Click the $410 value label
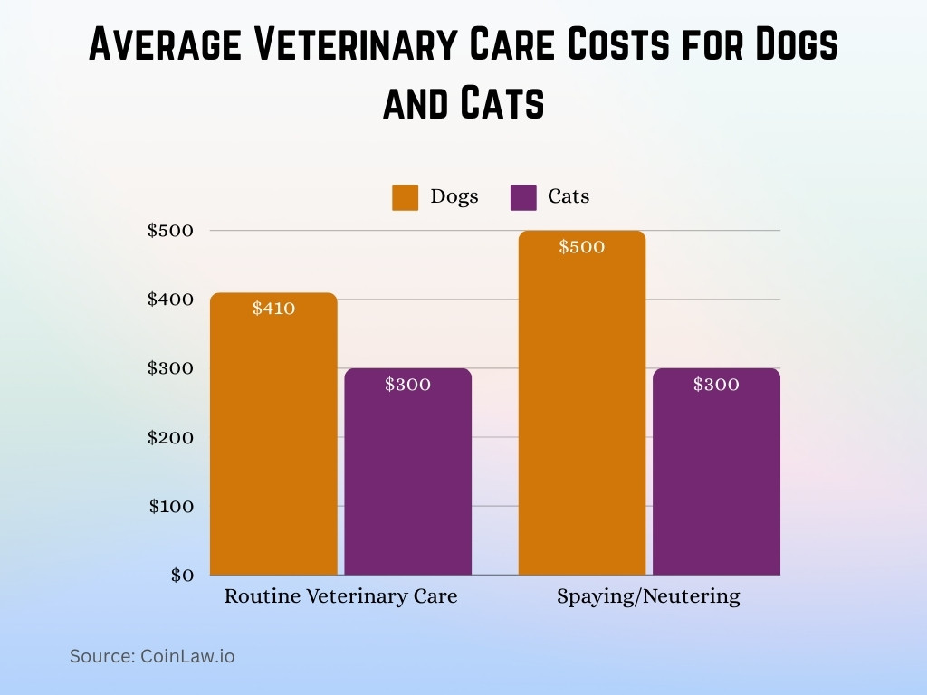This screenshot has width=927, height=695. [273, 309]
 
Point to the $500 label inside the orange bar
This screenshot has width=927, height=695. [581, 247]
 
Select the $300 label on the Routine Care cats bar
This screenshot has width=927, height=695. [408, 385]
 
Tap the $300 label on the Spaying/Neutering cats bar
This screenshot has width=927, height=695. [716, 385]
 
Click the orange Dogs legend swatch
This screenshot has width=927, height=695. [405, 197]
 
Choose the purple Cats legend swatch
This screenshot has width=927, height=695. [523, 197]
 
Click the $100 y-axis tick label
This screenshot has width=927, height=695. [171, 507]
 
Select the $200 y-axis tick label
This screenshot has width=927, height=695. [171, 438]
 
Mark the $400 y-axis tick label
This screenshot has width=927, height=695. [171, 300]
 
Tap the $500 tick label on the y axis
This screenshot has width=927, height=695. [171, 231]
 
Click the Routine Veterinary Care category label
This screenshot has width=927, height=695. [340, 597]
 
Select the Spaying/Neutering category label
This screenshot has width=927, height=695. [648, 597]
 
